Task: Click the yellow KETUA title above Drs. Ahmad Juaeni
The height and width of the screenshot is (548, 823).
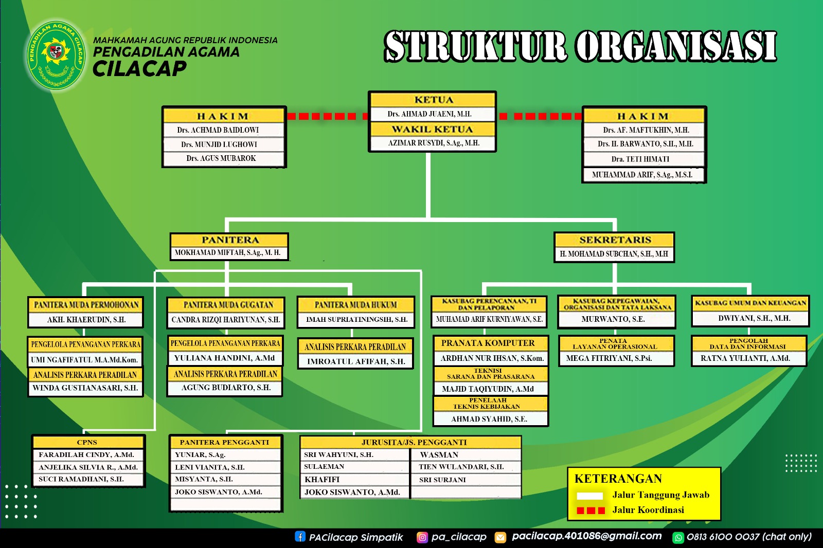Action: coord(433,100)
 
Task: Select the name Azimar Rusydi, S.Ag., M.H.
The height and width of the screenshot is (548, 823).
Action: coord(433,143)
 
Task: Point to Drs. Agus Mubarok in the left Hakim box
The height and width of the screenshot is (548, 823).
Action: coord(221,158)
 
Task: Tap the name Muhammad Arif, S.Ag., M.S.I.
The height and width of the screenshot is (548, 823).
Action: coord(642,175)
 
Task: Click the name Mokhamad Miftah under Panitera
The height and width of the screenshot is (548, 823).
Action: coord(228,252)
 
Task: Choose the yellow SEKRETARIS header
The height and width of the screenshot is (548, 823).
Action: coord(615,240)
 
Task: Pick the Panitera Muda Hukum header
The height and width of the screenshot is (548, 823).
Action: coord(355,305)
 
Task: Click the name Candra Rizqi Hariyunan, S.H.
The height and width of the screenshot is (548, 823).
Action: coord(225,320)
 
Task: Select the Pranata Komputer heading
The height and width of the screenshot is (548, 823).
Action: coord(488,343)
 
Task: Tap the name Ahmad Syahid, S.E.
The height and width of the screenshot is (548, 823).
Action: coord(489,419)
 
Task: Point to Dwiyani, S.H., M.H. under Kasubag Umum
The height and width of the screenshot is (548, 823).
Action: coord(750,318)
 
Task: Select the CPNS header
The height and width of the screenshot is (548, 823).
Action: coord(87,442)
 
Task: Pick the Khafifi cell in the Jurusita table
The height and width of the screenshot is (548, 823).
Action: coord(322,479)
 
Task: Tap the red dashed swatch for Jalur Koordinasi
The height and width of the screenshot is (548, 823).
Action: coord(591,510)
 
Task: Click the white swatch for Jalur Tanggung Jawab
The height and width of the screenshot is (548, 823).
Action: coord(589,496)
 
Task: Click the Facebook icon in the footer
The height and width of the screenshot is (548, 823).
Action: coord(300,537)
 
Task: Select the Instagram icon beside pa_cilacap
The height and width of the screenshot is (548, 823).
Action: coord(422,537)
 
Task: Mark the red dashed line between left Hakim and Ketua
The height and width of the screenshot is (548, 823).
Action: coord(327,116)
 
